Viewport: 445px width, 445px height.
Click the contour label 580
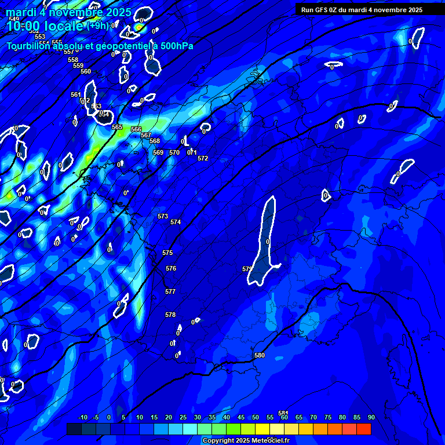(x=260, y=355)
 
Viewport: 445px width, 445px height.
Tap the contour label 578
(x=170, y=315)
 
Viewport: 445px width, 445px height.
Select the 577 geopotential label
(x=170, y=291)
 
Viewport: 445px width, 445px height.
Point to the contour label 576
(x=171, y=268)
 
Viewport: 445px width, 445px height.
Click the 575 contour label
(x=167, y=253)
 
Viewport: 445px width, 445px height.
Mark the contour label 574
(x=176, y=222)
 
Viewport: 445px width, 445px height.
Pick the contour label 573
(x=163, y=216)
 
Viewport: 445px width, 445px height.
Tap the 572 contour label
(x=203, y=158)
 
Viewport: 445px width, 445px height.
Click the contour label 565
(x=117, y=127)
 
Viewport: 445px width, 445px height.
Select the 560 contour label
(x=86, y=71)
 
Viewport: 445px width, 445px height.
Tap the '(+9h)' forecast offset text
(x=97, y=26)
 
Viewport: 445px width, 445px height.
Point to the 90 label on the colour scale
(x=371, y=417)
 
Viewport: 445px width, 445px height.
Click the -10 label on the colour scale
(x=82, y=417)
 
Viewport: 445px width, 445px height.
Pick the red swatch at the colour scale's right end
(x=363, y=429)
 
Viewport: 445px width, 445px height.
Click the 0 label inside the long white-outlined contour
(x=268, y=241)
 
